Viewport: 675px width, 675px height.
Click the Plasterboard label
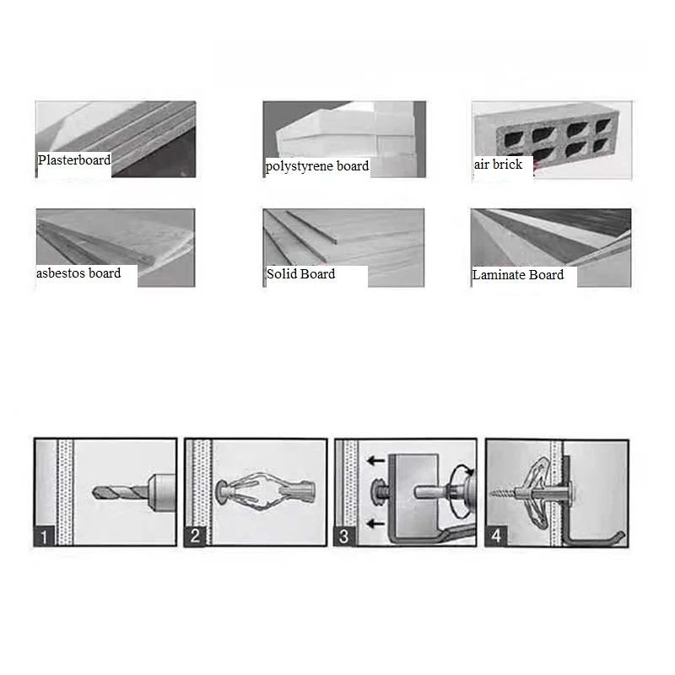point(74,160)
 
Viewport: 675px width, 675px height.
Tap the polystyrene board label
point(317,166)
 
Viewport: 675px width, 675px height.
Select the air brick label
point(498,164)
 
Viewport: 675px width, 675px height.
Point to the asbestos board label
point(78,273)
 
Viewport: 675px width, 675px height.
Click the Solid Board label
point(300,273)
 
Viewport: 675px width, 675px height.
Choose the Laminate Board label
point(518,275)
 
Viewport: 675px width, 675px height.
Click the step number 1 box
point(44,536)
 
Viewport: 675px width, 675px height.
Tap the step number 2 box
point(195,536)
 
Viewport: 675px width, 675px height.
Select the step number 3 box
point(344,536)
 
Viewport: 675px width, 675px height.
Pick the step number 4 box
point(496,536)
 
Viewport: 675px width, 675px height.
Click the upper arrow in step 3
point(375,461)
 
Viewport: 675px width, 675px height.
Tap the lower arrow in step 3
point(375,523)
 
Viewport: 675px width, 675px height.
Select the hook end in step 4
point(620,536)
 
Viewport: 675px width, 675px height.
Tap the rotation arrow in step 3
point(462,491)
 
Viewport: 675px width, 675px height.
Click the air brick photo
point(552,139)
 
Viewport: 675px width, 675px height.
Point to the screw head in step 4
point(572,491)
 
